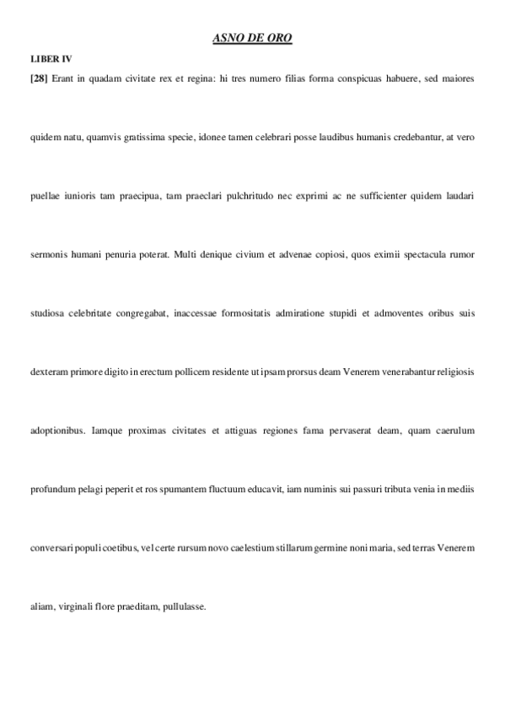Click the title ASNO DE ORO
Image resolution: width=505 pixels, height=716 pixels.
tap(252, 38)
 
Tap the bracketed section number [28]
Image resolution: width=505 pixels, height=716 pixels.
tap(38, 78)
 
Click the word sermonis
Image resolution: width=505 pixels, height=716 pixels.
tap(46, 254)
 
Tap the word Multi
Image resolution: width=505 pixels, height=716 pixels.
tap(186, 254)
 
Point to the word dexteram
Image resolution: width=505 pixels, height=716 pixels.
tap(48, 372)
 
